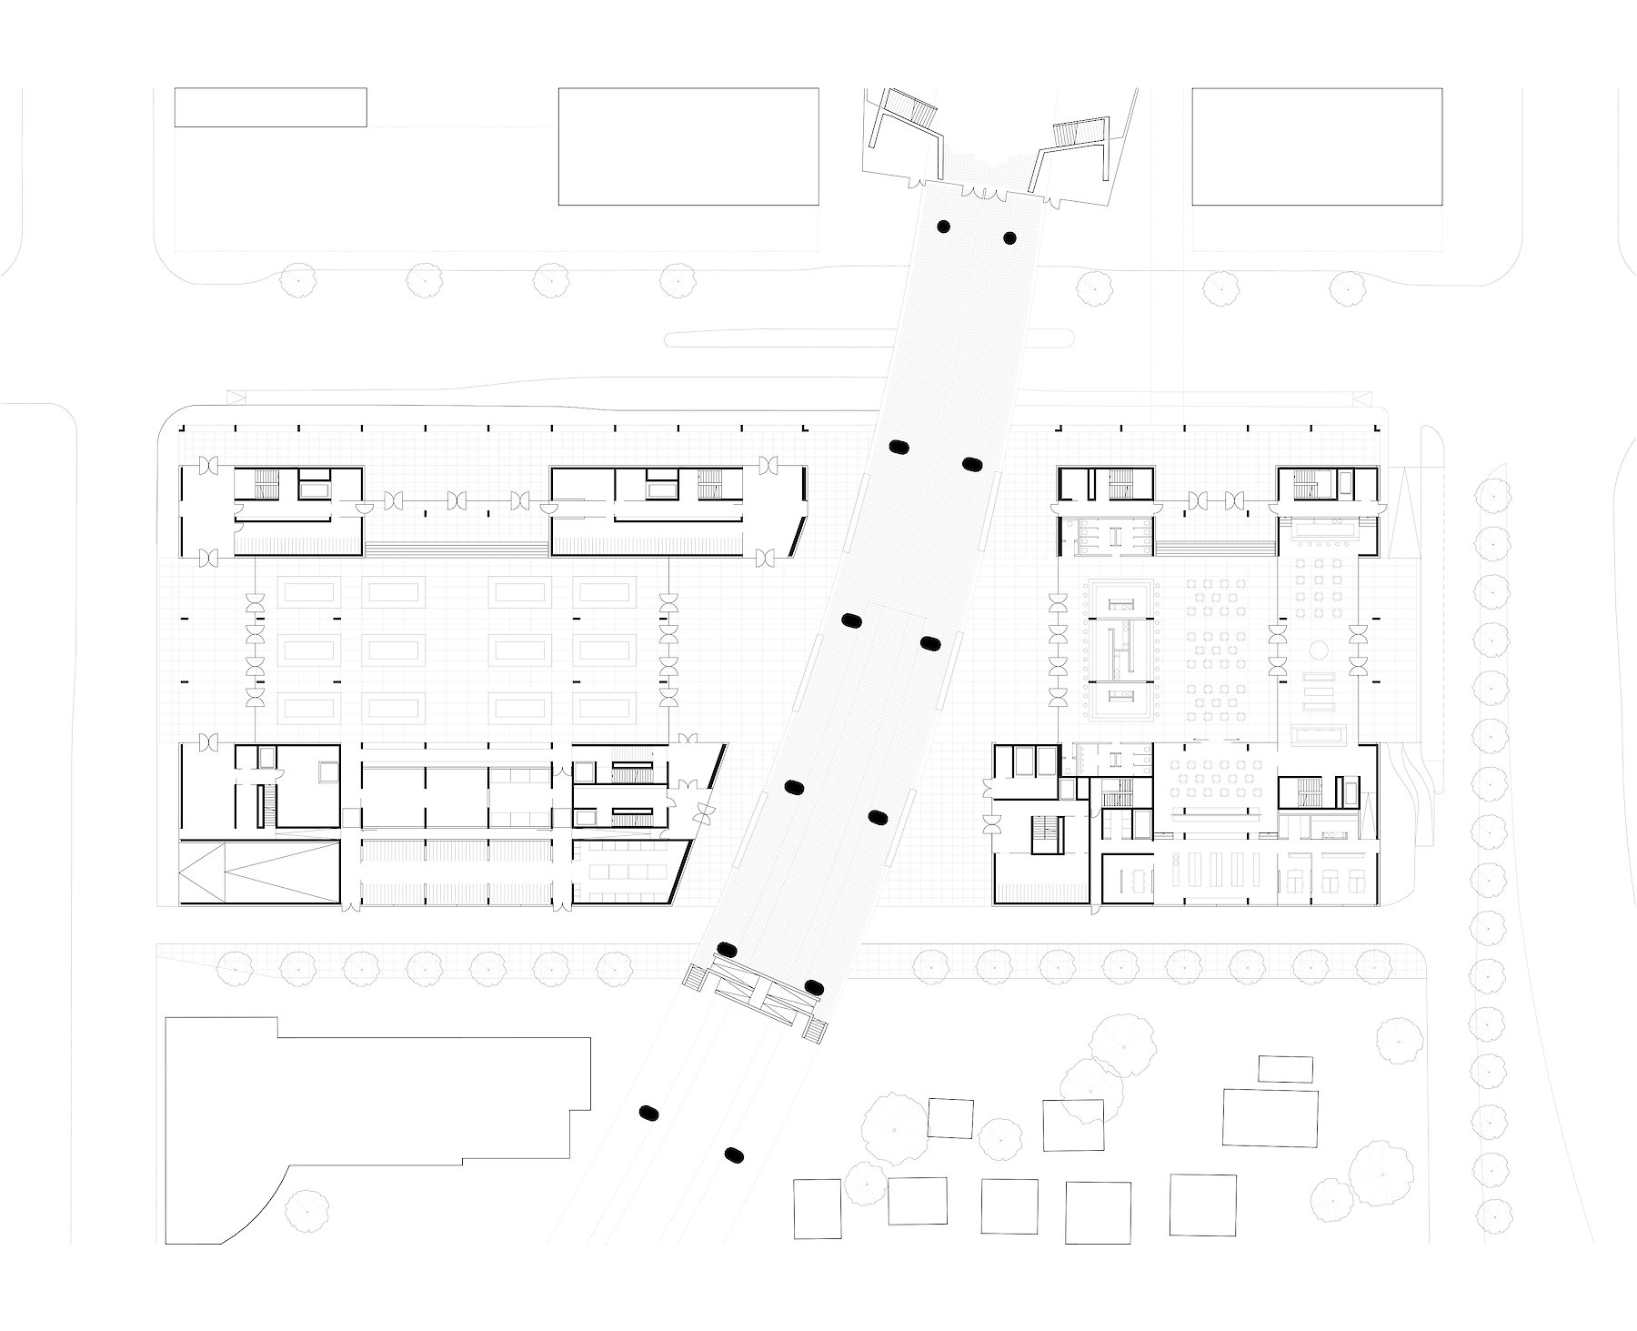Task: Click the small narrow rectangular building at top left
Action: click(270, 107)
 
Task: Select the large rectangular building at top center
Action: click(688, 146)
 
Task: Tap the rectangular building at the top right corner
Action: click(1317, 146)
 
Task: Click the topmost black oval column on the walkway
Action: click(944, 226)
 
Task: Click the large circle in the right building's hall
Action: click(1319, 650)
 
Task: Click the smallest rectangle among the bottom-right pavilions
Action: click(1285, 1069)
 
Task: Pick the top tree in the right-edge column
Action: click(1494, 496)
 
